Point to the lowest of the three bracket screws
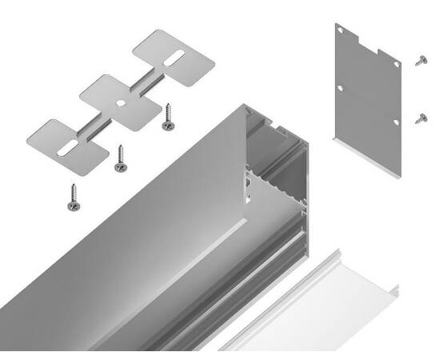pos(73,198)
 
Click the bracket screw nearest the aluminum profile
pos(168,117)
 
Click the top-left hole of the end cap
pos(340,30)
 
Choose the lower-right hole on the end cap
pos(394,122)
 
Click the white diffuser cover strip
pos(320,304)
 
